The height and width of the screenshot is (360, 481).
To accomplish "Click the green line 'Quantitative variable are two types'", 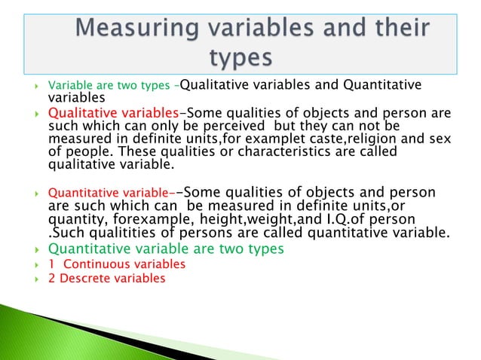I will pyautogui.click(x=166, y=248).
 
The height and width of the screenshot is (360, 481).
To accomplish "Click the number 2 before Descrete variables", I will pyautogui.click(x=51, y=278).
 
